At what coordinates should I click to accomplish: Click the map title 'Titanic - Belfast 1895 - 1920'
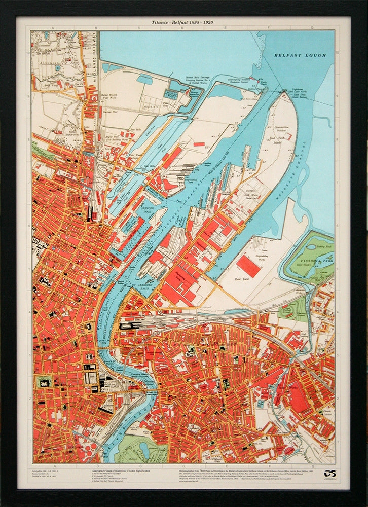(x=183, y=23)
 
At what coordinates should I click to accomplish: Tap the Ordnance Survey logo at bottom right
(x=330, y=474)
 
